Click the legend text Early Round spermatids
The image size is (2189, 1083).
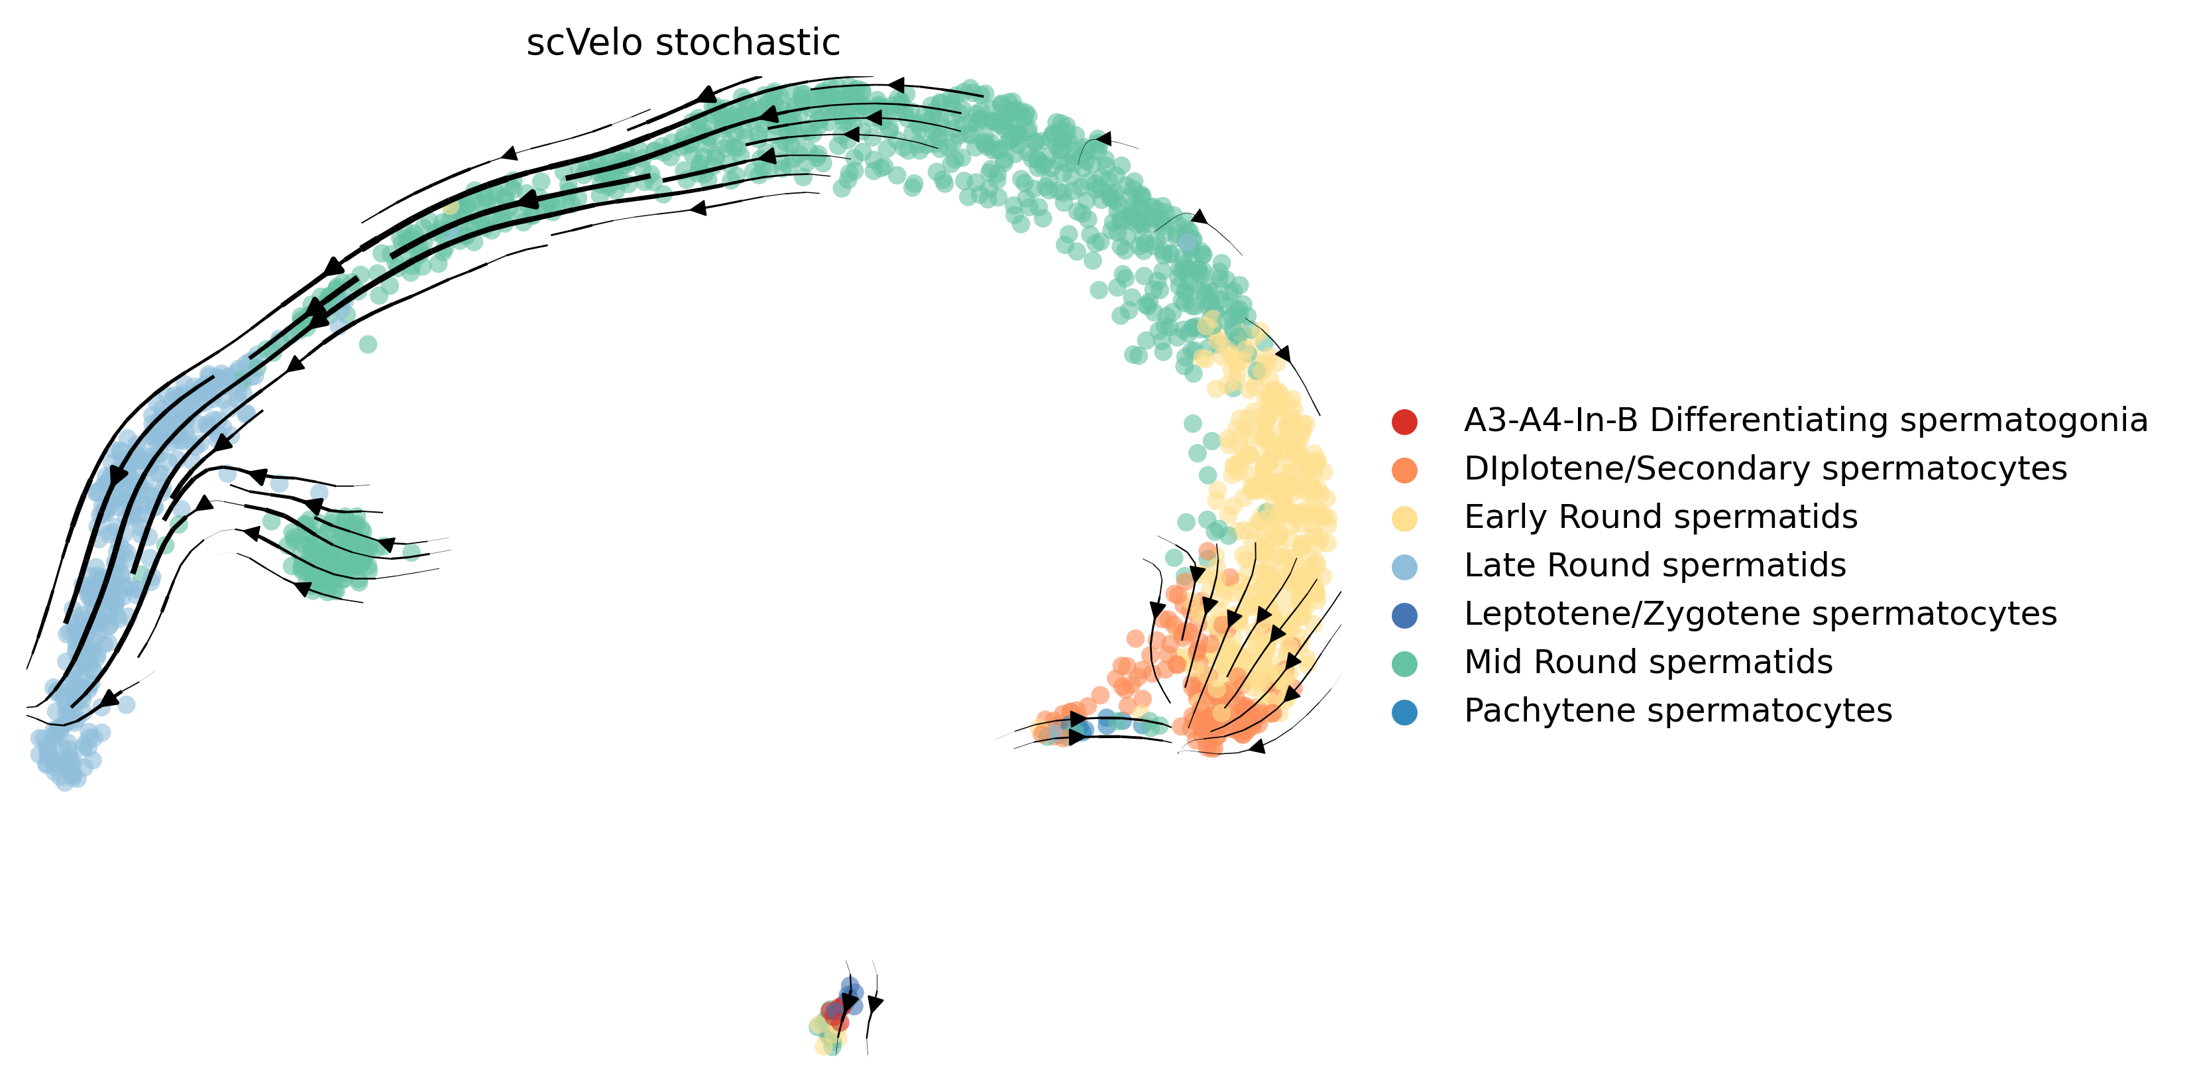coord(1660,517)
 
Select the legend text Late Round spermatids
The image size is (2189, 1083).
coord(1654,565)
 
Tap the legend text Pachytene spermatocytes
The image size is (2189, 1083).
coord(1677,711)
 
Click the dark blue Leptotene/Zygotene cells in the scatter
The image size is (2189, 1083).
coord(852,991)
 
